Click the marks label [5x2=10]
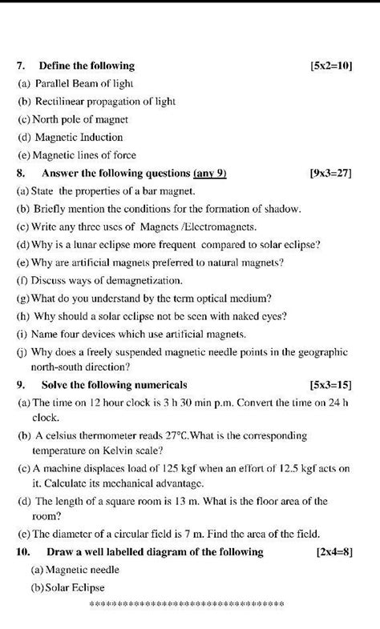[330, 66]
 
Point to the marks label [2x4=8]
[334, 552]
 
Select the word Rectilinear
[62, 102]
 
